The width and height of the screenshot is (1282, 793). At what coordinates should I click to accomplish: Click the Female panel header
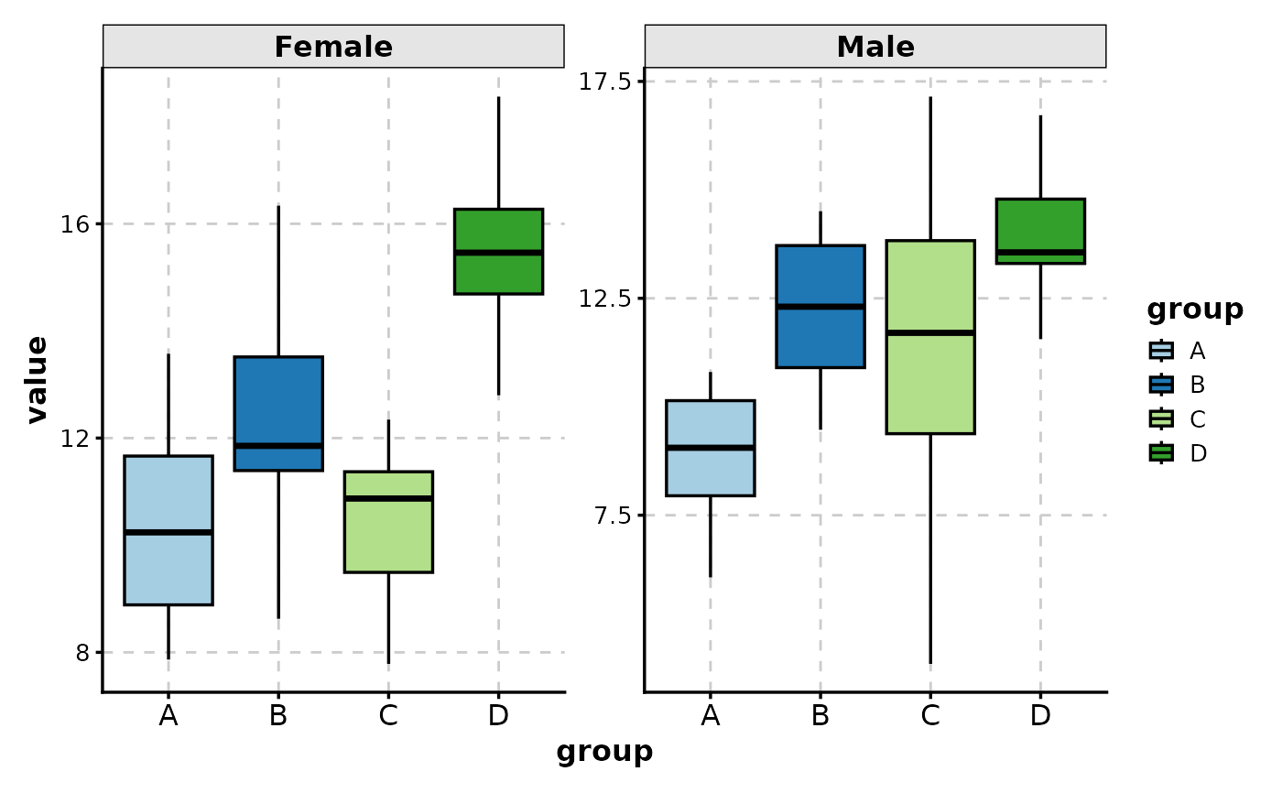tap(333, 47)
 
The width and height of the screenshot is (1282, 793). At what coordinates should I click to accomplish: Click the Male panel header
tap(875, 47)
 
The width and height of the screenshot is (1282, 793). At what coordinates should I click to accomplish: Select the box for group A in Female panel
tap(168, 530)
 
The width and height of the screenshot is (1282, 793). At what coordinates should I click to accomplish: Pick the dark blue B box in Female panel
tap(278, 413)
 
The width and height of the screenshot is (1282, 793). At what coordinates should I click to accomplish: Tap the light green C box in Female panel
tap(388, 522)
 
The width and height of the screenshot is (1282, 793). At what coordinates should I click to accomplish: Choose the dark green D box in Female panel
tap(498, 251)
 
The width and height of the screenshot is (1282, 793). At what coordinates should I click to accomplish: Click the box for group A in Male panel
tap(711, 448)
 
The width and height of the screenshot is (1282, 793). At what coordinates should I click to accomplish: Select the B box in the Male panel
tap(820, 306)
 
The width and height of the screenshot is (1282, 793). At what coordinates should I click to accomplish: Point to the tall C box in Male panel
tap(930, 336)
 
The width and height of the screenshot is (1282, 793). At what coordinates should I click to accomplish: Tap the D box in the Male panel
tap(1040, 231)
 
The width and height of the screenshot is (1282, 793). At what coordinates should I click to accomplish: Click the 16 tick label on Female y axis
tap(72, 224)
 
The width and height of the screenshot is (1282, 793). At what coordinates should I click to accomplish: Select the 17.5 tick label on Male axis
tap(606, 81)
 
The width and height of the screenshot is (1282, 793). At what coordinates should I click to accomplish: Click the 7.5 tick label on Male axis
tap(612, 516)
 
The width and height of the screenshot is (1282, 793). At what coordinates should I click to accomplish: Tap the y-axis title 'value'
tap(37, 379)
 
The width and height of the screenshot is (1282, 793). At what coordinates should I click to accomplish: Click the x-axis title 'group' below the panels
tap(604, 752)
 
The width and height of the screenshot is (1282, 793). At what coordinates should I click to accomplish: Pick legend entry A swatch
tap(1161, 350)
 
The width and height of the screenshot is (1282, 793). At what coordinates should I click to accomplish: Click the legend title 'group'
tap(1195, 310)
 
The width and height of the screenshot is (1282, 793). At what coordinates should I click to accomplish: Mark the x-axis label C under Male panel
tap(930, 716)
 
